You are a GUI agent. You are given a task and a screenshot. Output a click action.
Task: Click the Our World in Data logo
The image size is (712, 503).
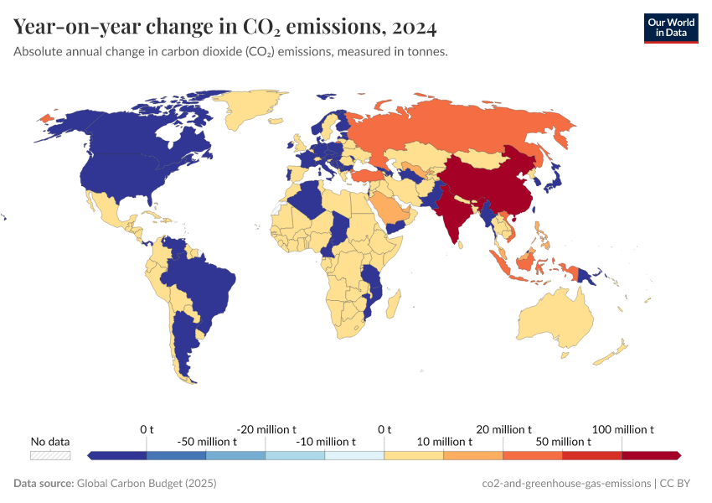[670, 28]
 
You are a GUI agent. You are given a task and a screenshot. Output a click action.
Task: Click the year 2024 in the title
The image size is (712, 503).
[414, 28]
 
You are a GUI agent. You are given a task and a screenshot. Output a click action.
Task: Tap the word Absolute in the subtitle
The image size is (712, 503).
[39, 52]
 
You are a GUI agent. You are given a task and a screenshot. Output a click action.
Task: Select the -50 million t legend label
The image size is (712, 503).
[207, 442]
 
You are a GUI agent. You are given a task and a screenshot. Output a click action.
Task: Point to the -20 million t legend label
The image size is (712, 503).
[266, 429]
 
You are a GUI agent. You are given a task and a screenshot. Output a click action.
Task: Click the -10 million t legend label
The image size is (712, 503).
[326, 442]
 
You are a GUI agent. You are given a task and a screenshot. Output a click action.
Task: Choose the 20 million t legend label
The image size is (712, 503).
[503, 429]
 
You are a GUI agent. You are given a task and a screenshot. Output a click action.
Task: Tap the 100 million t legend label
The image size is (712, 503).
[623, 429]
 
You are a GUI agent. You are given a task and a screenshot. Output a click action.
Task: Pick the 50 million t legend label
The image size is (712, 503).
[563, 442]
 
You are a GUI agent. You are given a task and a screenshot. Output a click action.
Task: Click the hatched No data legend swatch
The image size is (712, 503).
[50, 455]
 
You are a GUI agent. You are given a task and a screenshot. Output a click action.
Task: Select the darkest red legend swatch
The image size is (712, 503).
[652, 455]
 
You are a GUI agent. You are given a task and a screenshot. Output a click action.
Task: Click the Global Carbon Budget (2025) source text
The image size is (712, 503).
[146, 484]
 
